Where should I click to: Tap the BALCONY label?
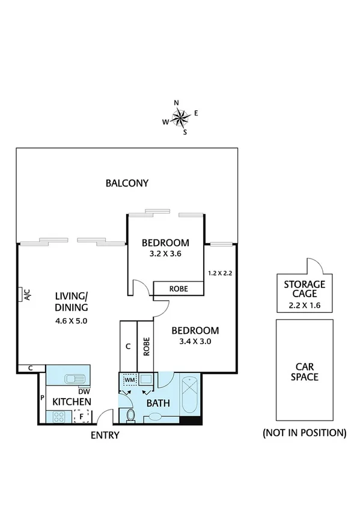pos(127,183)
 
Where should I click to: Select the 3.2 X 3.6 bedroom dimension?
pos(165,254)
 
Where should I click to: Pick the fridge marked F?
pos(81,415)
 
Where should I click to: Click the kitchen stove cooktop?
pos(59,415)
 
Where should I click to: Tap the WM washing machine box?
pos(129,380)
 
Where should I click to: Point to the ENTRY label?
pos(105,435)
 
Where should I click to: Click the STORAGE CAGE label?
pos(305,289)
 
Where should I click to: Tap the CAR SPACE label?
pos(306,371)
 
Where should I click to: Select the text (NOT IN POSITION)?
pos(305,432)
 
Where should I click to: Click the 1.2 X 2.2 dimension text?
pos(220,272)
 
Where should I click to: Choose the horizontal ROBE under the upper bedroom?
pos(178,289)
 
